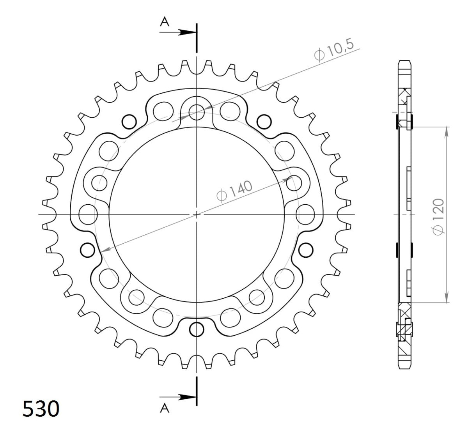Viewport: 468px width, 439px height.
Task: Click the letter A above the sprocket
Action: point(165,23)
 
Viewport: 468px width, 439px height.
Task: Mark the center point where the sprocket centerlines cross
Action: point(197,214)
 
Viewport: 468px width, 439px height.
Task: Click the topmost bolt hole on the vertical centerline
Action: point(197,112)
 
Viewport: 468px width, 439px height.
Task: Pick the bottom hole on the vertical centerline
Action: point(197,329)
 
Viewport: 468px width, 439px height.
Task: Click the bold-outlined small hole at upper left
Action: point(129,122)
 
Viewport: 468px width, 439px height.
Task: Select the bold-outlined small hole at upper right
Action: point(264,122)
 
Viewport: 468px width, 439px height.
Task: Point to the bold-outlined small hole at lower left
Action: point(87,248)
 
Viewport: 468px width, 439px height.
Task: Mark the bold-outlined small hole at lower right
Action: point(305,248)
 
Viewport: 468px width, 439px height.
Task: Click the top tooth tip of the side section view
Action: point(404,62)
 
